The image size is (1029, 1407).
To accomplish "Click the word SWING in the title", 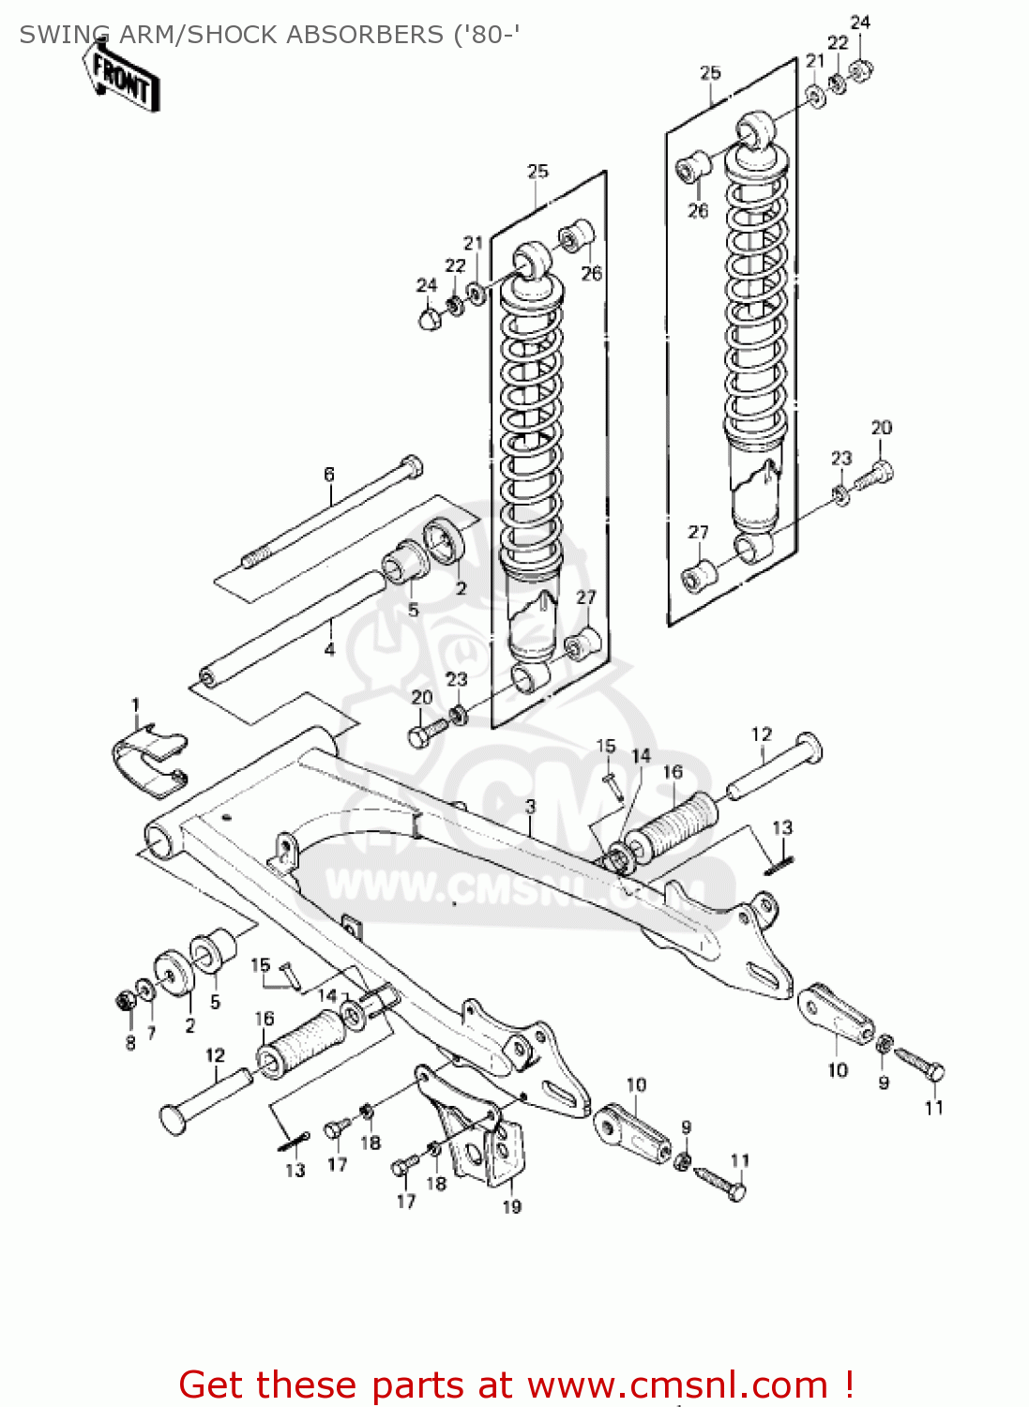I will (x=63, y=35).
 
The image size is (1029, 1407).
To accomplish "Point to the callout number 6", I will (x=329, y=475).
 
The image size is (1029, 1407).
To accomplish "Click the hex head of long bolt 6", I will (x=412, y=465).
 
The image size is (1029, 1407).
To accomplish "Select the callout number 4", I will (x=329, y=649).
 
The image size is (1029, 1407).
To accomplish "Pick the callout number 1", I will (x=135, y=705).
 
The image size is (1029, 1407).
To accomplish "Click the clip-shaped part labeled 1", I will (x=148, y=760).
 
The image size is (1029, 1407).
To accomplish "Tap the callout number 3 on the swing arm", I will (x=531, y=806).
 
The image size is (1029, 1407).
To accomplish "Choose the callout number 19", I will (x=511, y=1206).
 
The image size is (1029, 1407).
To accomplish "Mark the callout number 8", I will (x=130, y=1042).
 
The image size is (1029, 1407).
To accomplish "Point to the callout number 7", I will (x=151, y=1032).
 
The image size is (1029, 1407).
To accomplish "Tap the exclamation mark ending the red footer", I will (x=848, y=1384).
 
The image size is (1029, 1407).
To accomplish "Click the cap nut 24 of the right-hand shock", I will (x=860, y=70).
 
